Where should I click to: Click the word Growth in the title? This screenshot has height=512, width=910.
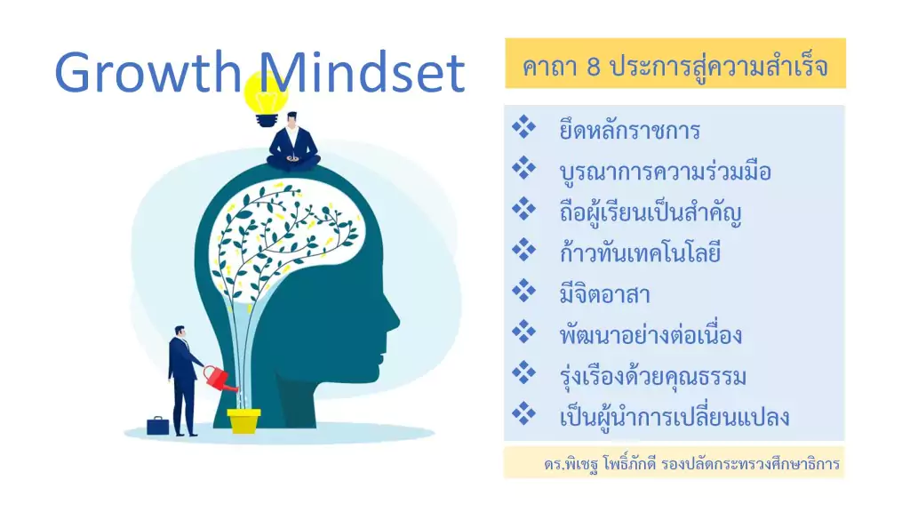click(x=148, y=72)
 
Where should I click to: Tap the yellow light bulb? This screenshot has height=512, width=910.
click(x=267, y=100)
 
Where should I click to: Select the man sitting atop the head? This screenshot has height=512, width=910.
click(x=293, y=142)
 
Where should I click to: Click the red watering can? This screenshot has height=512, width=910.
click(x=220, y=378)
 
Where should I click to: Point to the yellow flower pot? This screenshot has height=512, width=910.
click(x=243, y=420)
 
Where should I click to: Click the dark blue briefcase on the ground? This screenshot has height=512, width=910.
click(x=158, y=426)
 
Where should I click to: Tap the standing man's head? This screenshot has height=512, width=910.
click(x=180, y=332)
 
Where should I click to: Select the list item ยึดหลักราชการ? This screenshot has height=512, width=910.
click(x=630, y=130)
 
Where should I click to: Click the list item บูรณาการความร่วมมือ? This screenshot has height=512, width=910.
click(x=665, y=172)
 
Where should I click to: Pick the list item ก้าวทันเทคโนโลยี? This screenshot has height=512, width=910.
click(x=640, y=253)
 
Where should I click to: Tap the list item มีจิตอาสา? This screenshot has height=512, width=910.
click(x=604, y=294)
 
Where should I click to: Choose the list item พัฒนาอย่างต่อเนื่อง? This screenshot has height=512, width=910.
click(x=651, y=335)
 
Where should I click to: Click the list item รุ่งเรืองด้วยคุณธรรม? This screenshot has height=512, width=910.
click(x=653, y=376)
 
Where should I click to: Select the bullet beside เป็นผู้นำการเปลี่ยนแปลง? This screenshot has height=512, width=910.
click(x=523, y=413)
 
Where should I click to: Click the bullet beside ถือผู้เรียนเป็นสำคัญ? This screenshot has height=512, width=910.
click(x=523, y=209)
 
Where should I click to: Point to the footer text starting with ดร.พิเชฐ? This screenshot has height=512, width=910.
click(x=691, y=464)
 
